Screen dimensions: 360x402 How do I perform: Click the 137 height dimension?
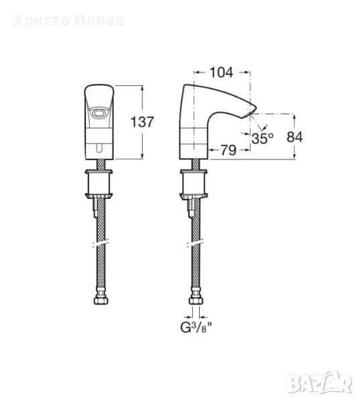tap(142, 122)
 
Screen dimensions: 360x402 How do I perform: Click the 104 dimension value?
tap(221, 72)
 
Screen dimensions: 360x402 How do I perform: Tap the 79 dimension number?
tap(229, 150)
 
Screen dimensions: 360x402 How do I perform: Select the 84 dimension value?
tap(294, 137)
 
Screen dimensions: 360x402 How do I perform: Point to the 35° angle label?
tap(262, 139)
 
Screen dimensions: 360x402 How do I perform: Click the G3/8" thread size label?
tap(196, 328)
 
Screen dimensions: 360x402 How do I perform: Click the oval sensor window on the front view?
tap(99, 113)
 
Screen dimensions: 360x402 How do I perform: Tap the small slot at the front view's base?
tap(99, 148)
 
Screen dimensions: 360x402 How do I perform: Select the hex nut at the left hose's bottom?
tap(101, 300)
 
